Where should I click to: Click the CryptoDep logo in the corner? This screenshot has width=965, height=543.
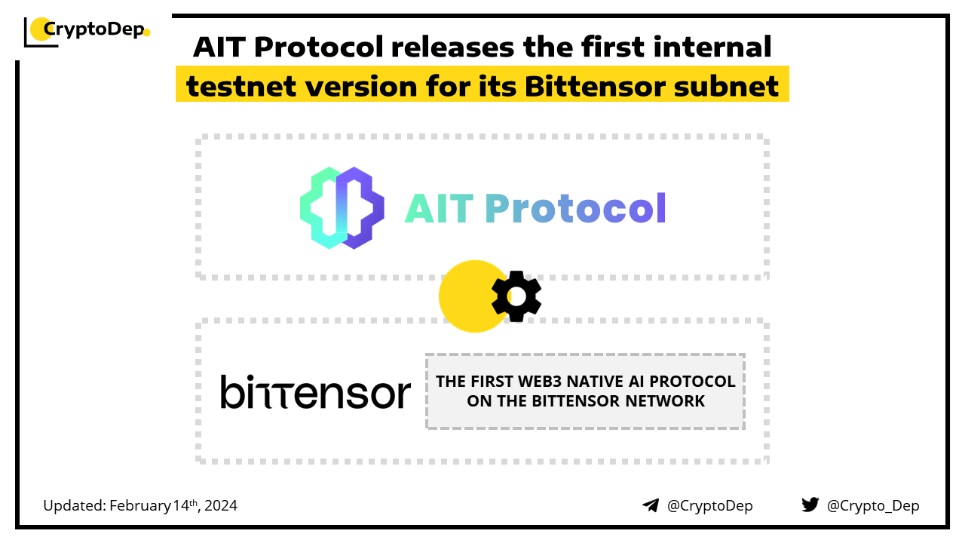(x=87, y=32)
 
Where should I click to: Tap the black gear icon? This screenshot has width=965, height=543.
(x=516, y=296)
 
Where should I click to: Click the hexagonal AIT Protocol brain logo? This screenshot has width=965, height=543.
(x=342, y=208)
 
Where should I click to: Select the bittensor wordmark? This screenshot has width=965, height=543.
(x=316, y=391)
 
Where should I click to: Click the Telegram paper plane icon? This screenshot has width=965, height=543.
(x=651, y=505)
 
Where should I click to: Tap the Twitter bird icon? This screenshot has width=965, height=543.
(x=810, y=505)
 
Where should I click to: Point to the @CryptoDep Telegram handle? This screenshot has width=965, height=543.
(x=709, y=505)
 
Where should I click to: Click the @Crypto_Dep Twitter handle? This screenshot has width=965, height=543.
(x=873, y=505)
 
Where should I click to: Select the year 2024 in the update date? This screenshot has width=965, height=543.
(x=221, y=505)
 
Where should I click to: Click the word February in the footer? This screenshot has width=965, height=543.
(x=140, y=506)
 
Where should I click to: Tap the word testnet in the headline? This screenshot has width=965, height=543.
(x=241, y=86)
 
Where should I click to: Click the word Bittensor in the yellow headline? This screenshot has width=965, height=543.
(x=595, y=86)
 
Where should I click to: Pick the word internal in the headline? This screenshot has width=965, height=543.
(x=712, y=47)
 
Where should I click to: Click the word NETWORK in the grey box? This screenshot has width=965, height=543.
(x=665, y=401)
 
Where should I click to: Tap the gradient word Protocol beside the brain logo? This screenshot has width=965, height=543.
(x=575, y=209)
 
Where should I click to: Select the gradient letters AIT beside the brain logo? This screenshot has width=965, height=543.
(x=440, y=209)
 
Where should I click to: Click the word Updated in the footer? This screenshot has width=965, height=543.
(x=75, y=505)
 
